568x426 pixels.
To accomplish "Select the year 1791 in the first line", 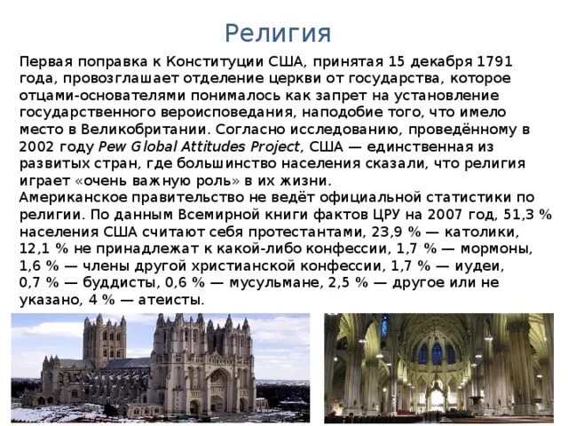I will click(x=494, y=62).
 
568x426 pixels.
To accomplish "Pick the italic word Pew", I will click(x=113, y=146).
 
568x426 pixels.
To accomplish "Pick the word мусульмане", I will click(x=278, y=282).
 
